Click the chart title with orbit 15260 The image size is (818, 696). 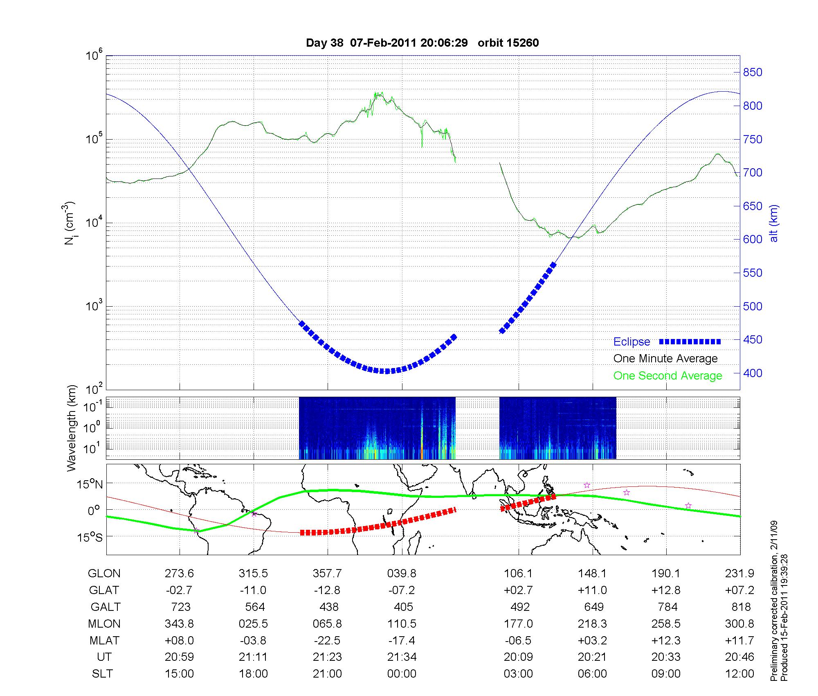(422, 43)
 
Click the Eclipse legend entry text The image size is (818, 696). (631, 342)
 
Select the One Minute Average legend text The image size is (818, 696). (665, 359)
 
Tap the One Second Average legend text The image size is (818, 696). (667, 376)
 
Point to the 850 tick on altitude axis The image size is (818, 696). (752, 72)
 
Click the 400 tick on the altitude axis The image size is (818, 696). (752, 373)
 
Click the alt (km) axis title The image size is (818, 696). (774, 223)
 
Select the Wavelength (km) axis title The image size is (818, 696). (72, 428)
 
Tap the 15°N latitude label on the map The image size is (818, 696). (90, 484)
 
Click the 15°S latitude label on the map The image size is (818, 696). (90, 537)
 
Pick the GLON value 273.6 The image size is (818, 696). (179, 573)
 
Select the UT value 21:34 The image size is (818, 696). (402, 657)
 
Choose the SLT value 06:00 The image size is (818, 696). (592, 674)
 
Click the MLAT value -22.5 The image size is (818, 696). (328, 640)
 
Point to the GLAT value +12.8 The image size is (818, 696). (666, 590)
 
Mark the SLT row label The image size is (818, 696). (102, 674)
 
